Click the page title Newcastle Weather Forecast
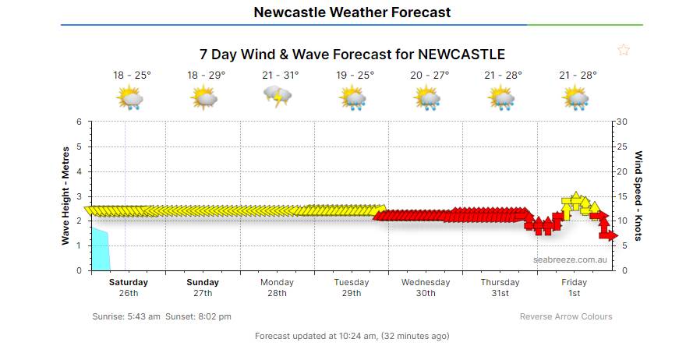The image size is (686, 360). [352, 12]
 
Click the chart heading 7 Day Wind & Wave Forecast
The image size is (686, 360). [352, 55]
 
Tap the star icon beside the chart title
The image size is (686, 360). [623, 50]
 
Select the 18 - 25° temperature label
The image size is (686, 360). [132, 75]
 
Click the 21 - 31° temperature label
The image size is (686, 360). [281, 75]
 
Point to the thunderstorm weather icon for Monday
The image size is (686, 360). [278, 97]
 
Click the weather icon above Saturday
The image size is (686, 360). [129, 98]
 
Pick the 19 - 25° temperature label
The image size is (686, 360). [355, 75]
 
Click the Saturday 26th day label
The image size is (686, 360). [129, 288]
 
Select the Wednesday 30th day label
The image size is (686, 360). [426, 288]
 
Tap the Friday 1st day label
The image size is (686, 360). [575, 288]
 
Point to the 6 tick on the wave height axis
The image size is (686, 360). [78, 122]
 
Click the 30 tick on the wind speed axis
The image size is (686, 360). [623, 122]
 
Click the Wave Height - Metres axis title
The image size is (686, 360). [66, 196]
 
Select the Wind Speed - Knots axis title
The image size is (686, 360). [638, 196]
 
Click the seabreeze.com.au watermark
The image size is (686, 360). [570, 259]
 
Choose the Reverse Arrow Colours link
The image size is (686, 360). [566, 316]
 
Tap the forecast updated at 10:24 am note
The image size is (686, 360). [352, 336]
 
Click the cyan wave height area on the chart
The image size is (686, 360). [101, 249]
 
